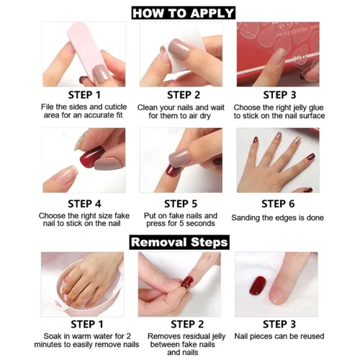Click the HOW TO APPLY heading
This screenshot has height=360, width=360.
click(184, 13)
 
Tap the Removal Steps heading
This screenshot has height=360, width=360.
click(179, 242)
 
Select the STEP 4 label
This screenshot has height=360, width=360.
click(84, 204)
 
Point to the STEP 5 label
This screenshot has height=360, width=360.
click(181, 204)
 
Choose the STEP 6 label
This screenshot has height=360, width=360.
click(278, 204)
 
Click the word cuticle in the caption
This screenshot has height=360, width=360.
click(116, 107)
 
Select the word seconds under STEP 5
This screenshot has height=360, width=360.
click(200, 224)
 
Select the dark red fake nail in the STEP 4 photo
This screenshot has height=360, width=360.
click(91, 157)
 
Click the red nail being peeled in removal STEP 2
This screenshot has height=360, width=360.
click(187, 282)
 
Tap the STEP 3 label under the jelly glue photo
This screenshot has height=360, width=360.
click(279, 95)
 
